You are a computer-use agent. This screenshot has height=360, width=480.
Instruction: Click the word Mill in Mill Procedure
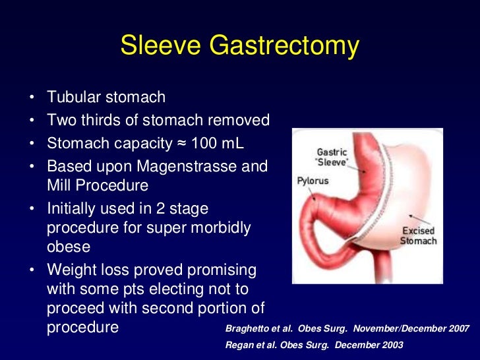[x=60, y=185]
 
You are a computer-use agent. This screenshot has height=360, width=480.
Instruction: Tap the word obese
[x=69, y=247]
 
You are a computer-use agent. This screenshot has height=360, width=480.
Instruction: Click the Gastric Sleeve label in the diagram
[x=332, y=156]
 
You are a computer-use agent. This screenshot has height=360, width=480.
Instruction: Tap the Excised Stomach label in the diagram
[x=418, y=236]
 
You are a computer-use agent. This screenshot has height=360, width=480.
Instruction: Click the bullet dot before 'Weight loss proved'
[x=32, y=270]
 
